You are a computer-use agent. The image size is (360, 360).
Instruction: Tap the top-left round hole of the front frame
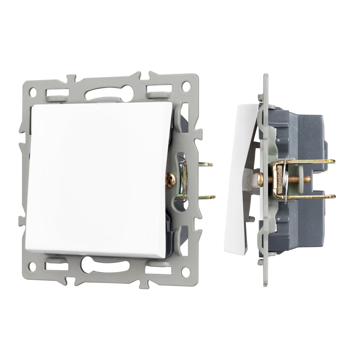click(x=33, y=91)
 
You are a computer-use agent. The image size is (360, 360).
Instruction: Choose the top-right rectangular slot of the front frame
click(x=159, y=89)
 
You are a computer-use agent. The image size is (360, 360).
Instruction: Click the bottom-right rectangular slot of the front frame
click(x=158, y=269)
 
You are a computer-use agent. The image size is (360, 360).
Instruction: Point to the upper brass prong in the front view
click(x=205, y=165)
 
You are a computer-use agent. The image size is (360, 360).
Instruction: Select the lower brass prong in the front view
click(x=207, y=197)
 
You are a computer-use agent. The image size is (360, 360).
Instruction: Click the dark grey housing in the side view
click(x=306, y=137)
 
